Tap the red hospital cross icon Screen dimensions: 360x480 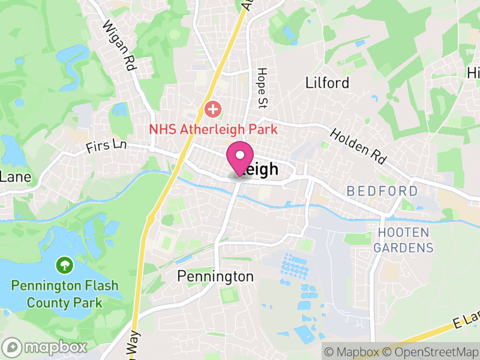pos(212,110)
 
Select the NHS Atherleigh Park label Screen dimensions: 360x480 pos(213,128)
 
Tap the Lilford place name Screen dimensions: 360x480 pos(327,83)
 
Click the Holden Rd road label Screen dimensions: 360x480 pos(358,146)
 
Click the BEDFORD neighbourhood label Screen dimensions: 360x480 pos(382,191)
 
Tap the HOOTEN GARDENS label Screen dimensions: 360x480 pos(403,240)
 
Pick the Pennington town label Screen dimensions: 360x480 pos(215,277)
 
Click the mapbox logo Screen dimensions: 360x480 pos(45,347)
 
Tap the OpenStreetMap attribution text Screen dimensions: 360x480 pos(434,352)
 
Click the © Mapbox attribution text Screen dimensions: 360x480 pos(353,352)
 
